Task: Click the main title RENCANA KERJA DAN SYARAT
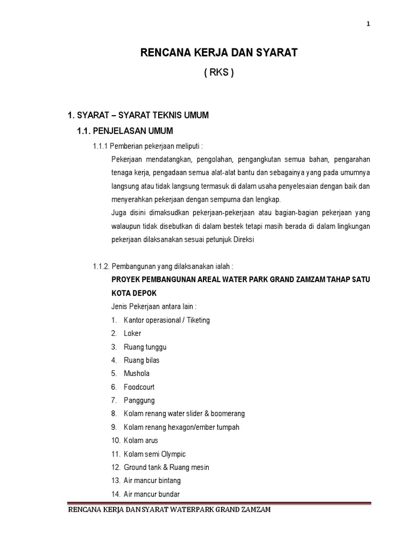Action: coord(218,53)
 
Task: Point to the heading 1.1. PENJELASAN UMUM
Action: coord(125,131)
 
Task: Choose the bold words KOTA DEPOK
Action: coord(134,293)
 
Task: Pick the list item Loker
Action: coord(133,333)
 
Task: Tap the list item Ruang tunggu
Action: coord(145,347)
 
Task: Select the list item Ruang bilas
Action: coord(142,360)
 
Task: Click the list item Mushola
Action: coord(137,373)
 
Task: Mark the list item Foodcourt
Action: coord(140,387)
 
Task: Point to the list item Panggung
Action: coord(139,400)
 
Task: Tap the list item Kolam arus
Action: coord(141,440)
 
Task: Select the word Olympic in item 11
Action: coord(173,454)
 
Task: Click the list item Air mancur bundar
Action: coord(152,494)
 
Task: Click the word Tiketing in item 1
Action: coord(197,320)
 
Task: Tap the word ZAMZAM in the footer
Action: coord(253,511)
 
